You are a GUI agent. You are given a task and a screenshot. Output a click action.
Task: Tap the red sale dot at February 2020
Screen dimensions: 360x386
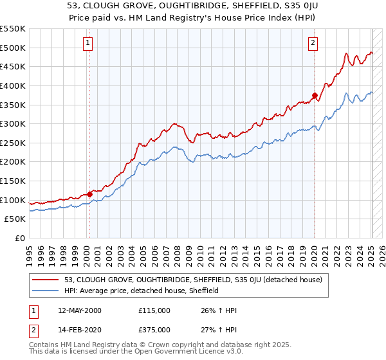[315, 95]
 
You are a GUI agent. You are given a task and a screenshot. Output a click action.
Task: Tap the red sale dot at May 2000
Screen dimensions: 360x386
[90, 194]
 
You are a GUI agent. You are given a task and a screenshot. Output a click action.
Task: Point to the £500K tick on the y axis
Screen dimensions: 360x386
[13, 48]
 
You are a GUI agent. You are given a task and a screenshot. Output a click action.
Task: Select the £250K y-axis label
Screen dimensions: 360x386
[13, 143]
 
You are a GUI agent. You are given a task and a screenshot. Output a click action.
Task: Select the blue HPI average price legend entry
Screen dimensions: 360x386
[142, 291]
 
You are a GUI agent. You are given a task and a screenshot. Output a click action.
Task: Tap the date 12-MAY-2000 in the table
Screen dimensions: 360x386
[79, 310]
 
